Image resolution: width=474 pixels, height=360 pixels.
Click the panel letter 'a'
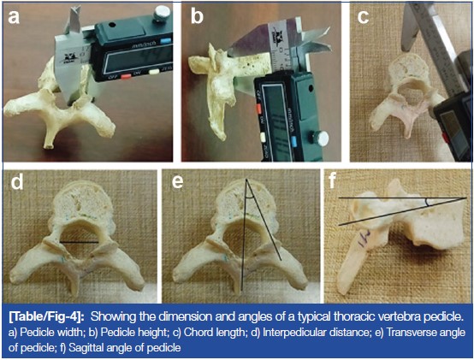(14, 16)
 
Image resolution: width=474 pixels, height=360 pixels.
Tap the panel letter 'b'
(197, 15)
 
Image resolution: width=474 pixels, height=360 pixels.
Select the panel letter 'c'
(363, 16)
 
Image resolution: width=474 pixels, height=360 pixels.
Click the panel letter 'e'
(177, 182)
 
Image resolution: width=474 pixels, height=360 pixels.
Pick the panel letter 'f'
(333, 180)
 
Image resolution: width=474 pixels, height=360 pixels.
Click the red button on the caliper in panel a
(126, 76)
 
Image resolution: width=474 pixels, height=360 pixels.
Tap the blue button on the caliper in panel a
(166, 40)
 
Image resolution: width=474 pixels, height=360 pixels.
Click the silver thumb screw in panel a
(162, 14)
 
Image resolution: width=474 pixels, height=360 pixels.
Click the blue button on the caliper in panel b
(294, 141)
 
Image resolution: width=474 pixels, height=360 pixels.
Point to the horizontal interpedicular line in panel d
(80, 242)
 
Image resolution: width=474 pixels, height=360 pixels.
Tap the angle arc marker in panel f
(427, 203)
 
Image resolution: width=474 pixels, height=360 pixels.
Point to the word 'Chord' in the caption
(198, 333)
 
